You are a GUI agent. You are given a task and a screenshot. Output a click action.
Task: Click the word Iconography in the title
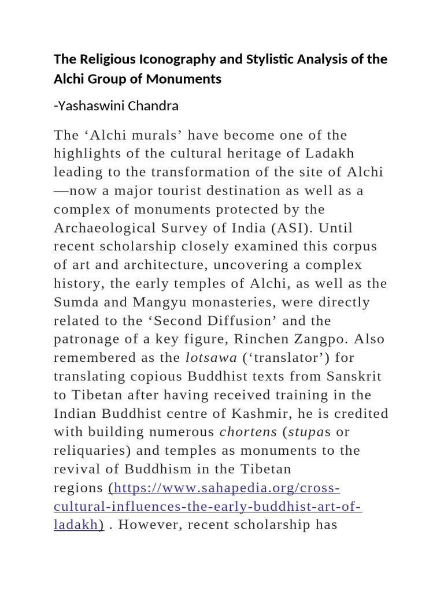[151, 60]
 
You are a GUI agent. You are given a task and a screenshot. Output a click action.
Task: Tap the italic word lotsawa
[211, 357]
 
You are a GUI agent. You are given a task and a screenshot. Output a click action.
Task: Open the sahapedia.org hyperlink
[225, 488]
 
